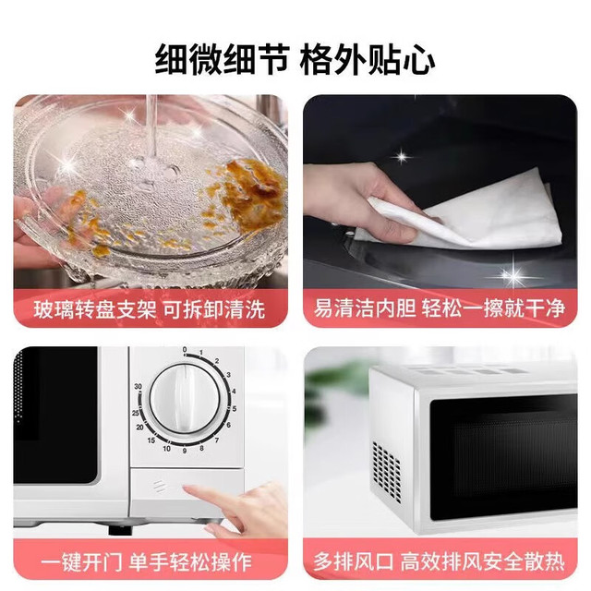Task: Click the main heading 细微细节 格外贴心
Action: tap(295, 60)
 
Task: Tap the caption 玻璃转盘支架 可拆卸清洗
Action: tap(150, 310)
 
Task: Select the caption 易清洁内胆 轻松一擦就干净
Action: tap(440, 308)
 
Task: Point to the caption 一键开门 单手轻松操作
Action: tap(146, 562)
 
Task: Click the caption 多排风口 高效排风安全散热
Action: tap(440, 561)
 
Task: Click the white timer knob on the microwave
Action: tap(185, 400)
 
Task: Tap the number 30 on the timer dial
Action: tap(138, 386)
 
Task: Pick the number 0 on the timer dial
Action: tap(185, 350)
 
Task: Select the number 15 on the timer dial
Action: tap(151, 440)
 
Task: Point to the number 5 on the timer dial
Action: tap(235, 408)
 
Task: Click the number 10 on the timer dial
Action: tap(166, 449)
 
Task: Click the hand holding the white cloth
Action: tap(362, 199)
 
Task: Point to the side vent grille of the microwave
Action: tap(387, 469)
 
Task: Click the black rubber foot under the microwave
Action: tap(121, 530)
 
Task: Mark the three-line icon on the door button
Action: tap(159, 487)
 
